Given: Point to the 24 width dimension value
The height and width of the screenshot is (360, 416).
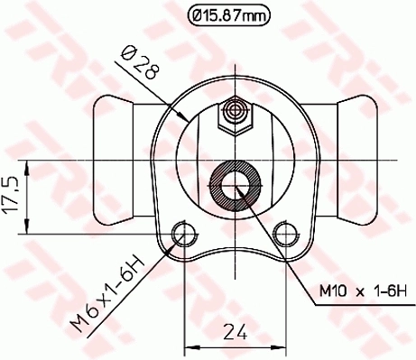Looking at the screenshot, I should click(236, 331).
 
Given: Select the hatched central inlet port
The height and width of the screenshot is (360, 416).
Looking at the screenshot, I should click(236, 186).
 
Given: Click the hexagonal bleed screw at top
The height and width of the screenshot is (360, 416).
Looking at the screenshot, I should click(236, 115).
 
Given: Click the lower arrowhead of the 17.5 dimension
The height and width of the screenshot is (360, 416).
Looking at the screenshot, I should click(30, 228).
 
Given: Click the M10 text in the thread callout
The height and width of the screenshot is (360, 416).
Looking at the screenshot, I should click(332, 291).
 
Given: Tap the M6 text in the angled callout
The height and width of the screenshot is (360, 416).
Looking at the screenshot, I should click(88, 317).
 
